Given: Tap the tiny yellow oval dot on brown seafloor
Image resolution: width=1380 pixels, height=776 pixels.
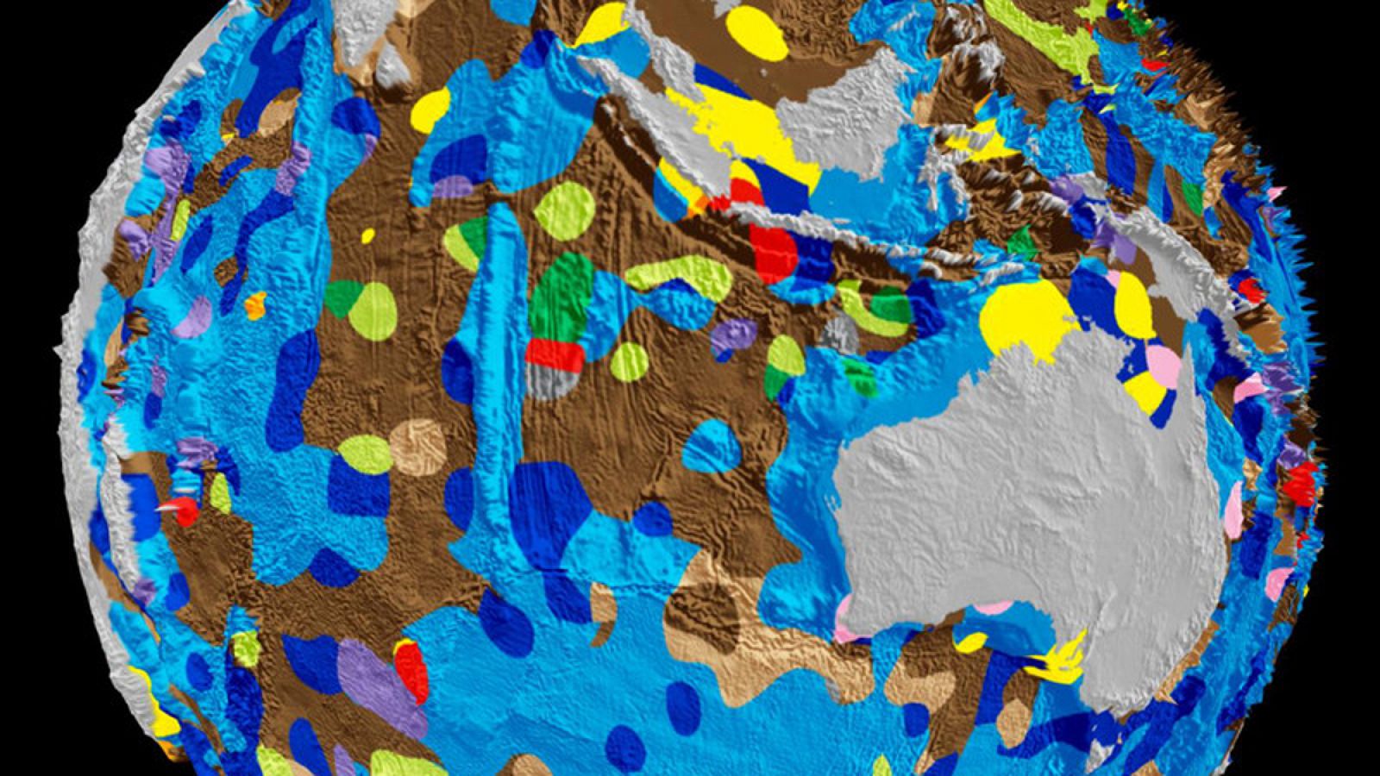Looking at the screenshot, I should (368, 235).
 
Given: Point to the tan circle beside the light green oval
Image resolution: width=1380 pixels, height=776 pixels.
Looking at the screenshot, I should (417, 447).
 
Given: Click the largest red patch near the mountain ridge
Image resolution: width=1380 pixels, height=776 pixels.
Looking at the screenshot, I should (774, 251).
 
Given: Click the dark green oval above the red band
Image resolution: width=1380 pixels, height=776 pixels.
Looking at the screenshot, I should (561, 297).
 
